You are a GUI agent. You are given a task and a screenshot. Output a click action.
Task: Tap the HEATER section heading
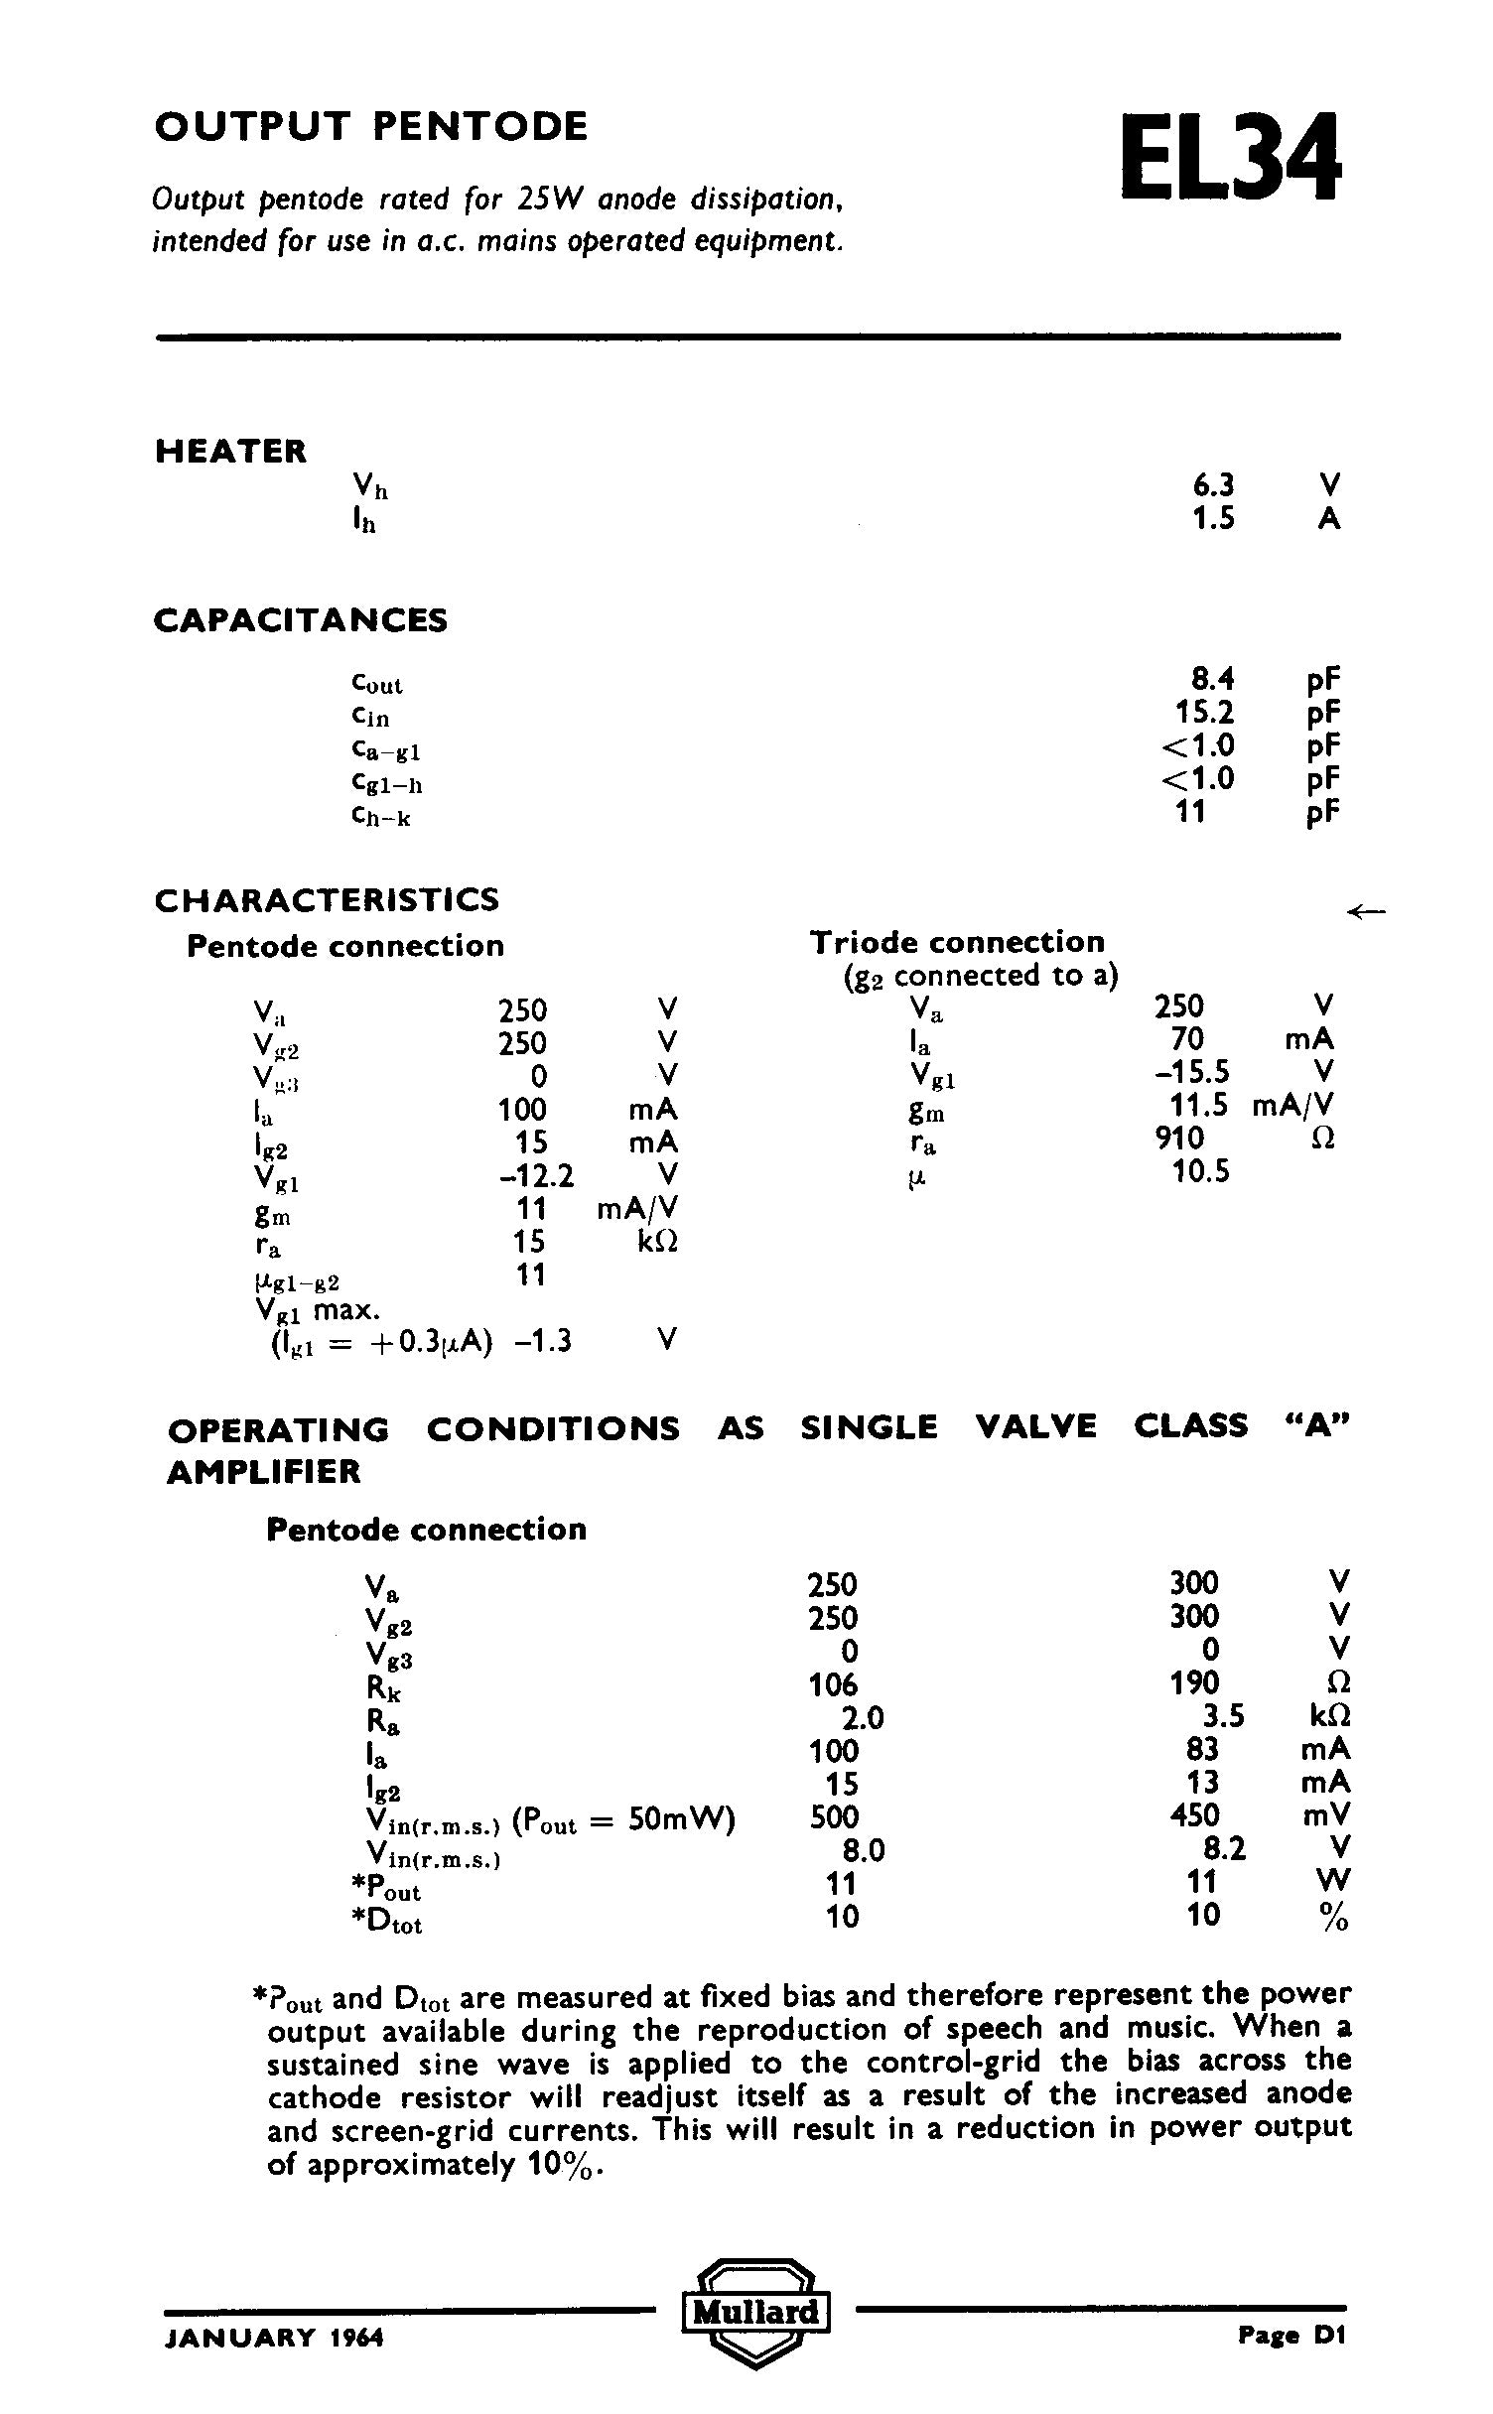pos(230,452)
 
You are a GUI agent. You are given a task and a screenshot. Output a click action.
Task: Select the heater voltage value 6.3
pos(1213,485)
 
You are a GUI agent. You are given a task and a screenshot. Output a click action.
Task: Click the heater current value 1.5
pos(1213,519)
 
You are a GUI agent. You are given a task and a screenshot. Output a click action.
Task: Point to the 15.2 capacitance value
pos(1205,713)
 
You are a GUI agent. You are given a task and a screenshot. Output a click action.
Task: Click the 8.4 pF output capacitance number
pos(1212,680)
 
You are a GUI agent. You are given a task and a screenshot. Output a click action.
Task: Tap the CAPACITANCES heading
pos(300,621)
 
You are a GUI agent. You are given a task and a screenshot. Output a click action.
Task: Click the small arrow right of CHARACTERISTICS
pos(1365,910)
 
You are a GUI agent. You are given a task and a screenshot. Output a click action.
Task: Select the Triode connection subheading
pos(957,942)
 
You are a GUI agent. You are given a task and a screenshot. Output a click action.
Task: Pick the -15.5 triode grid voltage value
pos(1191,1072)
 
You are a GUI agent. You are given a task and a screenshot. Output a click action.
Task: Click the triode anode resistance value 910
pos(1179,1138)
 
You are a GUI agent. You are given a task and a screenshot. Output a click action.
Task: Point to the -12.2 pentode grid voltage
pos(536,1176)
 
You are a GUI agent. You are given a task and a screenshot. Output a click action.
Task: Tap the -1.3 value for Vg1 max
pos(544,1342)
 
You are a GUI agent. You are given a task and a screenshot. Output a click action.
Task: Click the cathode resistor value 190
pos(1193,1682)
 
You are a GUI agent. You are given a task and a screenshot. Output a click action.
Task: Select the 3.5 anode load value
pos(1221,1716)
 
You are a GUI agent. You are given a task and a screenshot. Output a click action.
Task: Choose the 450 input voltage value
pos(1193,1815)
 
